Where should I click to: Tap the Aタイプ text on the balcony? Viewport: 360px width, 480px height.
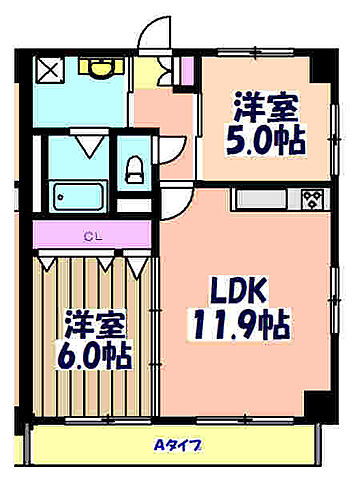coord(176,447)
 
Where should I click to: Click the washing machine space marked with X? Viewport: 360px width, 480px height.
coord(49,70)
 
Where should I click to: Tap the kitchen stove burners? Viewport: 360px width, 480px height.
coord(311,197)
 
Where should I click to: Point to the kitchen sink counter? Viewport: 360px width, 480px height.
coord(264,197)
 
